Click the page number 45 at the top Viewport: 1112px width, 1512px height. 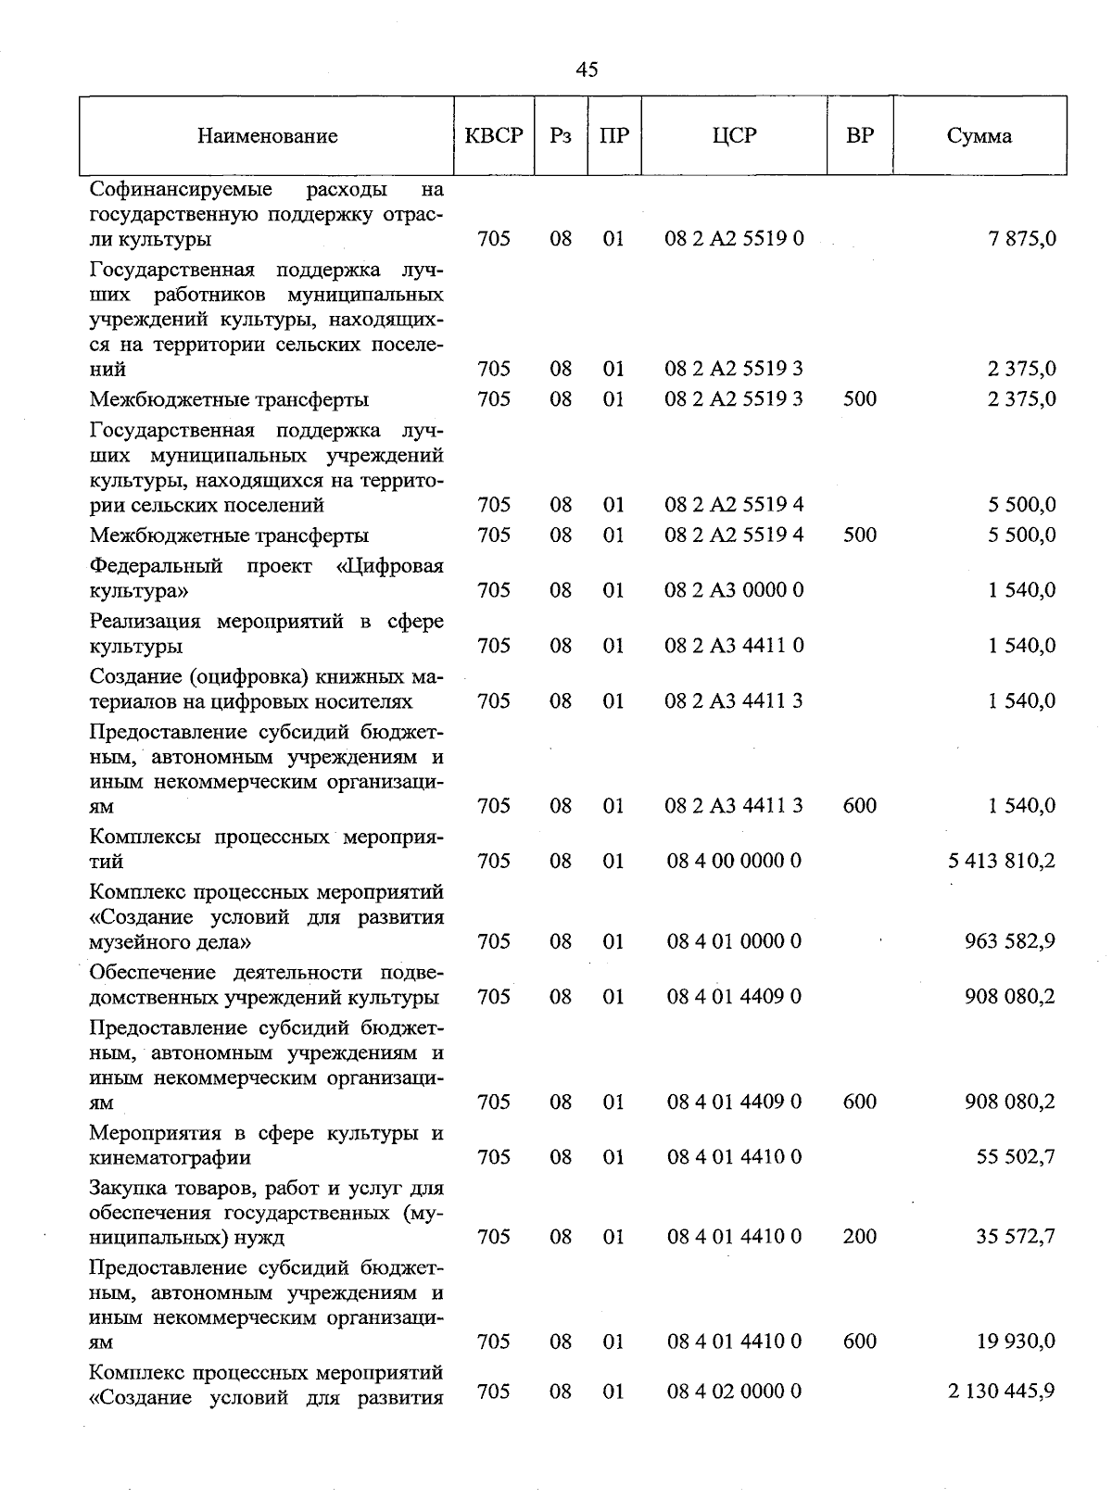(587, 69)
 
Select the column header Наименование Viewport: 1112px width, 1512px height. (267, 137)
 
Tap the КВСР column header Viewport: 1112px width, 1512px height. (494, 136)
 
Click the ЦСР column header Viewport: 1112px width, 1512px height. (734, 136)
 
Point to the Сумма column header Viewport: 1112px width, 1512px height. (979, 136)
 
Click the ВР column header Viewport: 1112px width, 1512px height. (860, 136)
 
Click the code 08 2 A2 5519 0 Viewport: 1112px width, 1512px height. (734, 239)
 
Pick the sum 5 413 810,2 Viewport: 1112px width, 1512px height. (1002, 862)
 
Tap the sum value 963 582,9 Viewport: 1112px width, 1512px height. (1010, 941)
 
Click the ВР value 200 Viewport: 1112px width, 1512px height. (860, 1237)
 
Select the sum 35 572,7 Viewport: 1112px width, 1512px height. (1016, 1237)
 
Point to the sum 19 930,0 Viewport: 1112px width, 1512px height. (1016, 1342)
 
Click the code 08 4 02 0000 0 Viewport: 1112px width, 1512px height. (734, 1392)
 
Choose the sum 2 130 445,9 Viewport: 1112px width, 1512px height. (1002, 1392)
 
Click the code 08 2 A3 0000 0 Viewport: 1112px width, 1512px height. (734, 590)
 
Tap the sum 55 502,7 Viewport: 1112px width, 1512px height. (1016, 1157)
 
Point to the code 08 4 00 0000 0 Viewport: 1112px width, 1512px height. (734, 862)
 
